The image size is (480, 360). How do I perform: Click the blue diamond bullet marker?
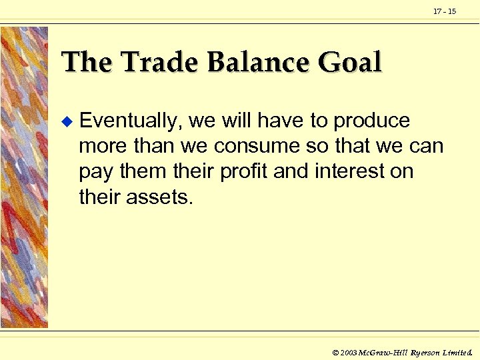coord(65,122)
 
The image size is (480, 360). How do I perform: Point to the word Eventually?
coord(131,121)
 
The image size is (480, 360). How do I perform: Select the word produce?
coord(371,121)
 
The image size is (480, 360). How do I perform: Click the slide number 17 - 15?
coord(445,12)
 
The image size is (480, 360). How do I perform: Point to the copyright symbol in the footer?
coord(335,351)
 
